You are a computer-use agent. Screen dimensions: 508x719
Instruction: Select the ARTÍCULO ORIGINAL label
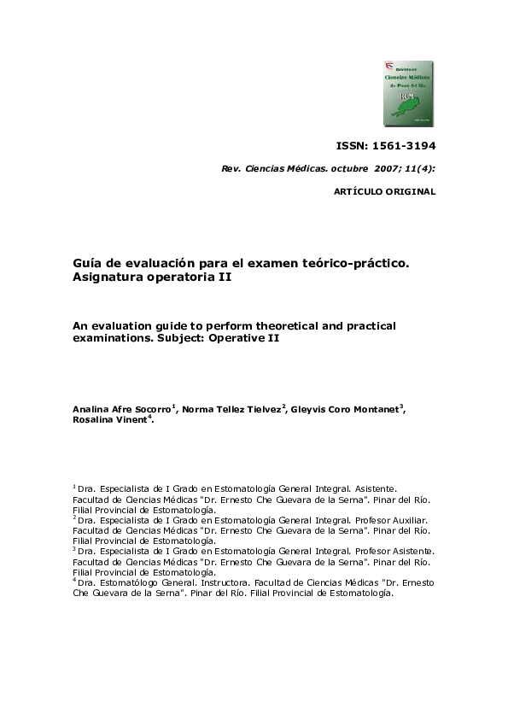(x=384, y=192)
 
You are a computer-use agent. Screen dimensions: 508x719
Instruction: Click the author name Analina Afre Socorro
(x=121, y=409)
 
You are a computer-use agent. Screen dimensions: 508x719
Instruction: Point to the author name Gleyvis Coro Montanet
(x=346, y=409)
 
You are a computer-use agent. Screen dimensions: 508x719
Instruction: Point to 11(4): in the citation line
(x=422, y=169)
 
